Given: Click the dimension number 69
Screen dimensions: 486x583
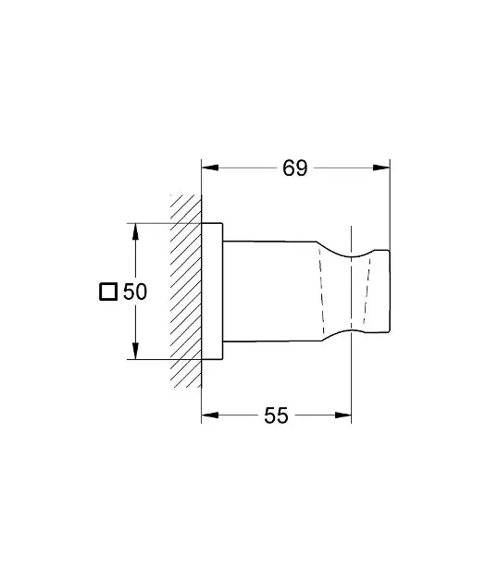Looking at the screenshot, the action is point(295,168).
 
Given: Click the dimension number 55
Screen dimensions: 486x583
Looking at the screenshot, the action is point(276,416).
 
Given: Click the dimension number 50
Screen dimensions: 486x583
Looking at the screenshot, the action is point(135,291).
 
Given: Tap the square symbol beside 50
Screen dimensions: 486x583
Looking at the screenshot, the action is point(108,291).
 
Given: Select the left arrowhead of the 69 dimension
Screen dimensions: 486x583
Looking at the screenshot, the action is point(210,167).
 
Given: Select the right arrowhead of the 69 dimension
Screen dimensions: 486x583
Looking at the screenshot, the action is point(381,167).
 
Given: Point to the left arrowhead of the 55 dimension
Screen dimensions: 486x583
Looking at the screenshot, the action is point(210,415).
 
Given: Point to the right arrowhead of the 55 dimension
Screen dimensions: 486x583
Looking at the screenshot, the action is point(343,415).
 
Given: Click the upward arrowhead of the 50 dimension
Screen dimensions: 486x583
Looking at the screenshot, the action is point(135,231).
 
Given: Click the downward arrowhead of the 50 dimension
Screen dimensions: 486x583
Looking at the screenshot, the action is point(135,351).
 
